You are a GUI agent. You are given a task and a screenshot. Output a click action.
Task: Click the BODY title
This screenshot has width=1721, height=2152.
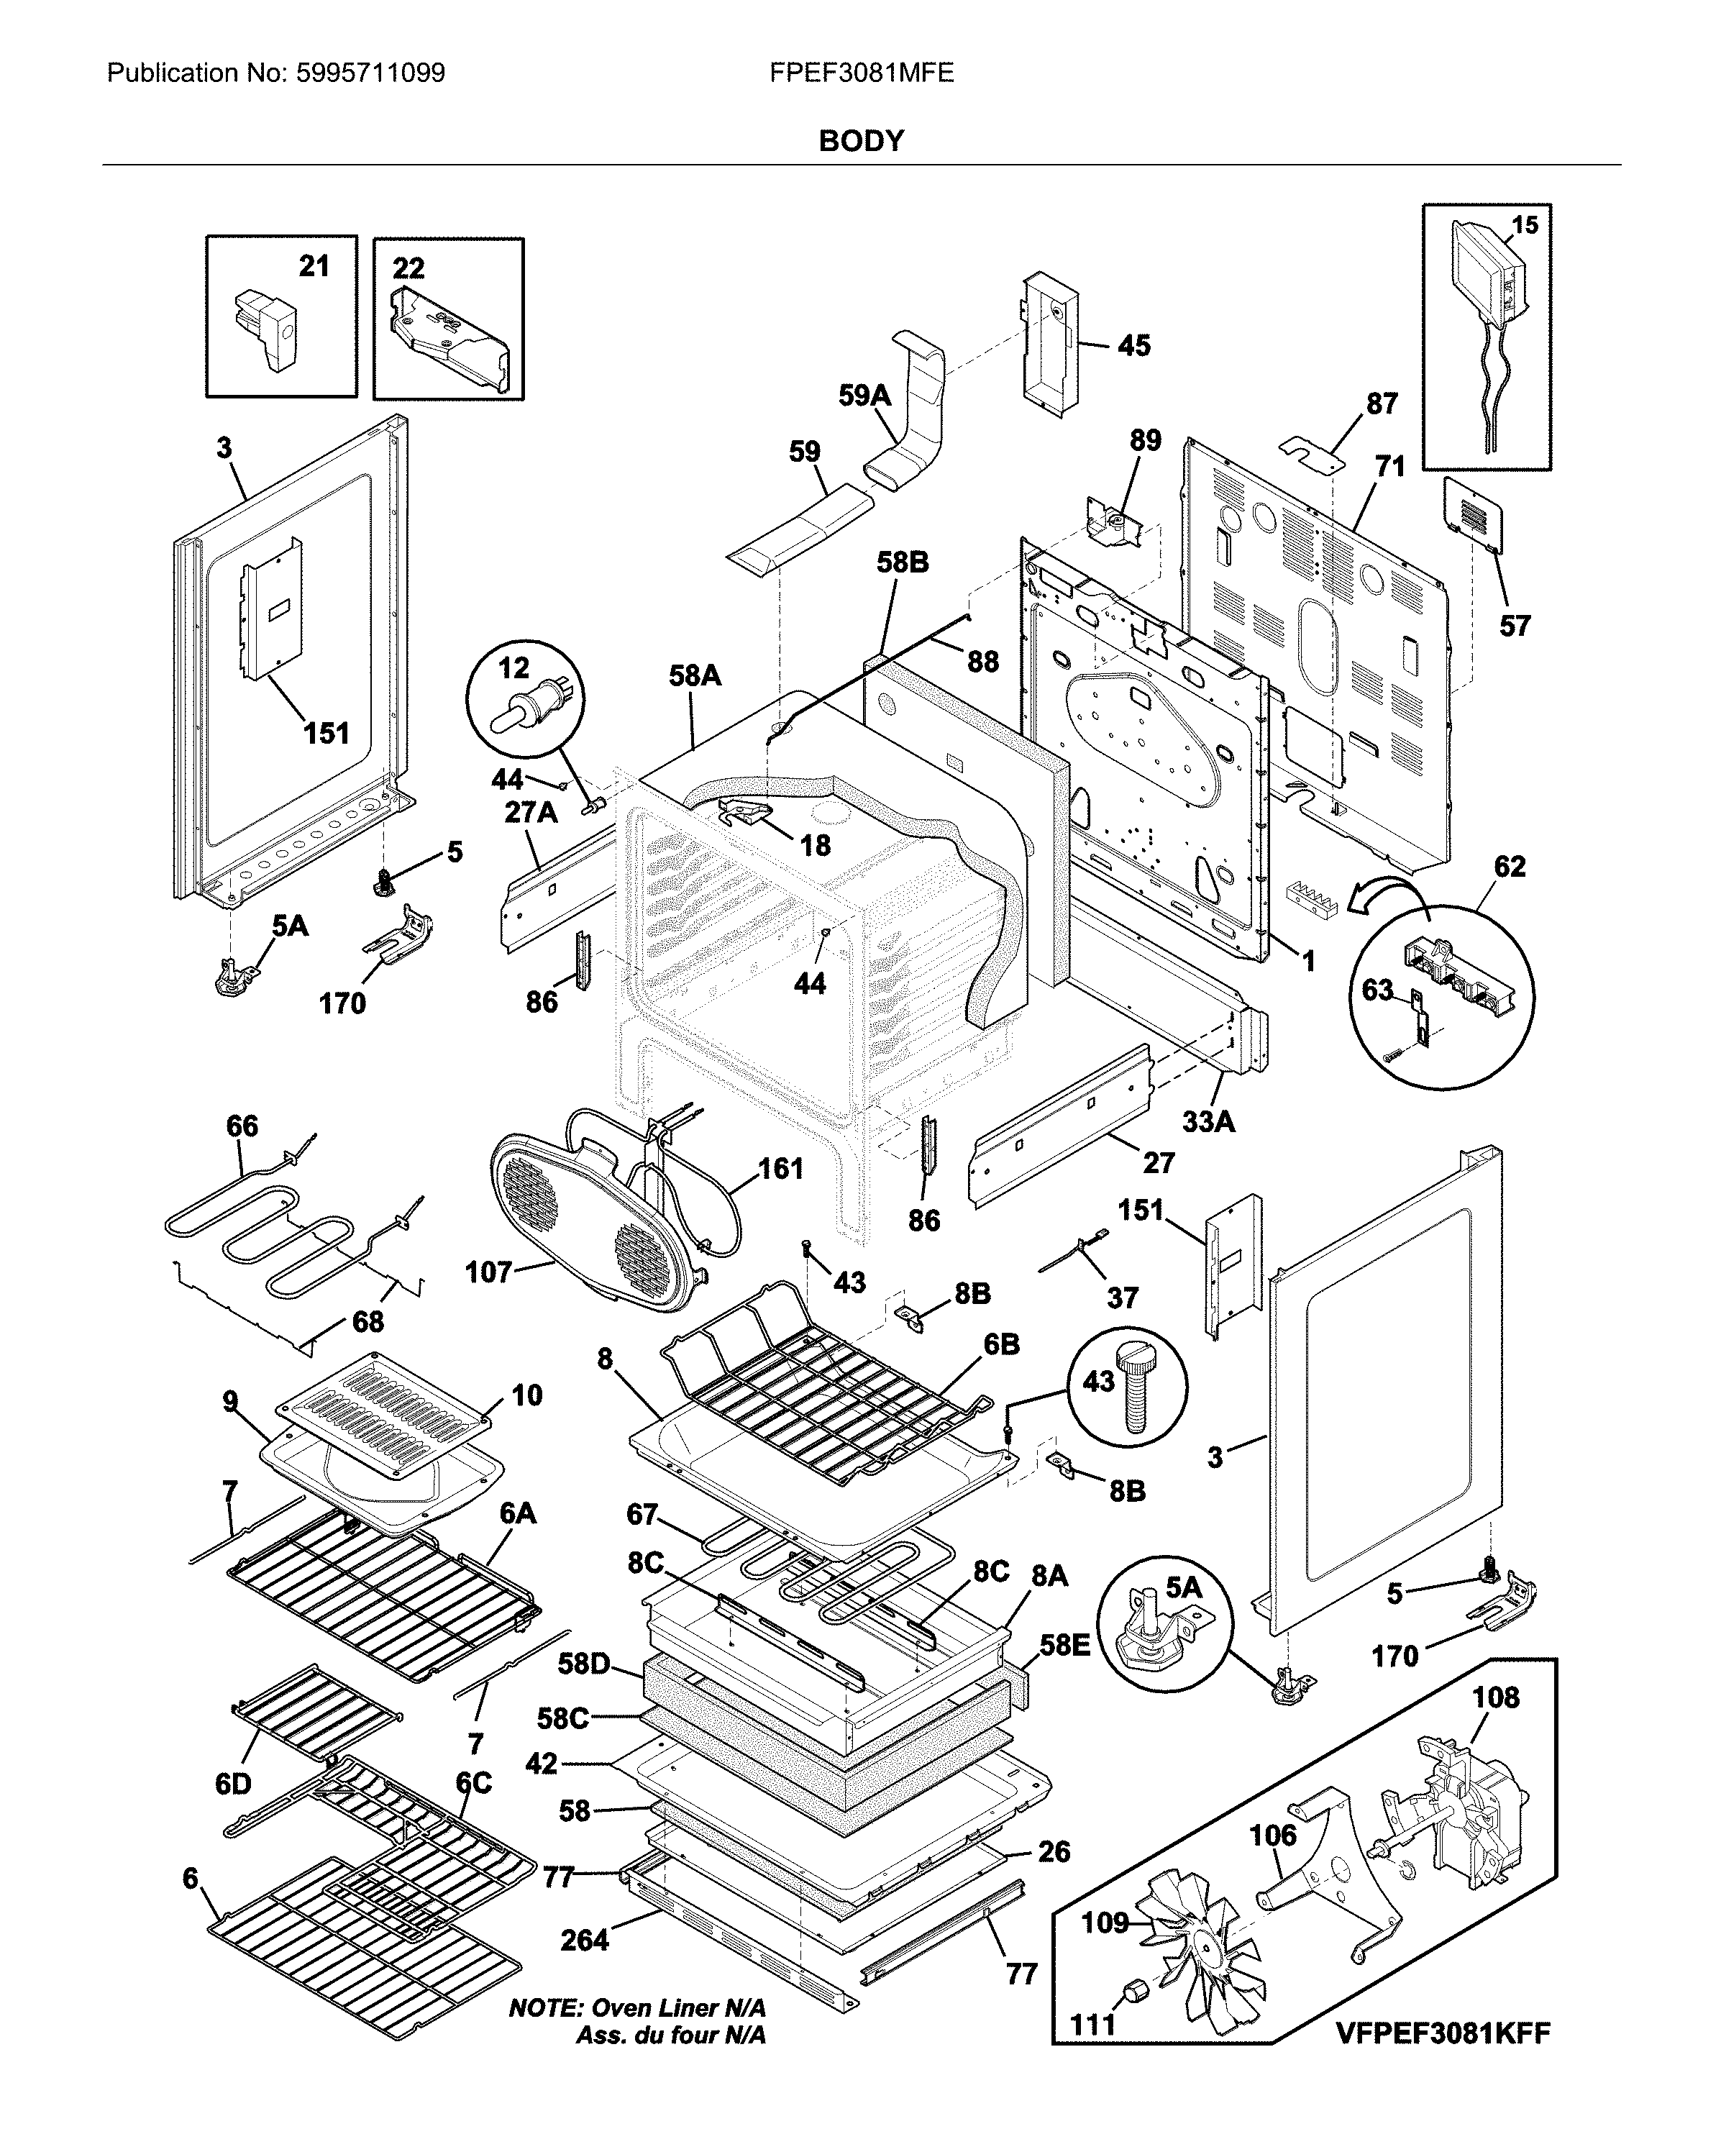point(860,142)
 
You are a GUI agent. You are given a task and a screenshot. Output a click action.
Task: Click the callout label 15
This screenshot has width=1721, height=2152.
point(1525,226)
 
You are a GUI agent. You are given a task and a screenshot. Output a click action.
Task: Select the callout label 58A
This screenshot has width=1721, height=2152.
point(695,677)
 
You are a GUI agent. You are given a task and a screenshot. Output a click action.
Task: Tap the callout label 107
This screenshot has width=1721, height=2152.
point(488,1272)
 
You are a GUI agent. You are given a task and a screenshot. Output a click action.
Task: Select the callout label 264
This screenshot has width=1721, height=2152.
point(584,1941)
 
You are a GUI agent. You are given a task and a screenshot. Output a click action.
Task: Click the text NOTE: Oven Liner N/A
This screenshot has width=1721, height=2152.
point(637,2008)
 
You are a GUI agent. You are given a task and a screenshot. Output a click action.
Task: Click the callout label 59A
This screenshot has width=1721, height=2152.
point(864,396)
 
